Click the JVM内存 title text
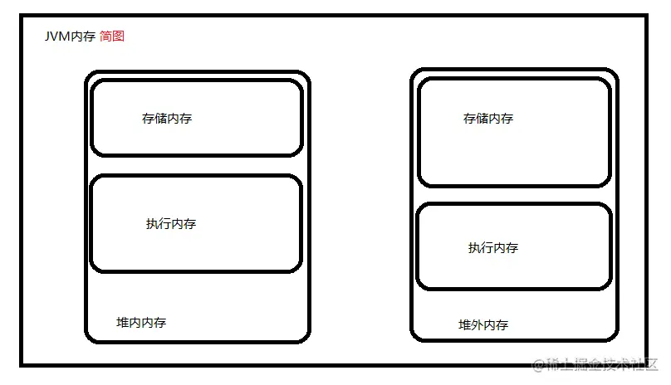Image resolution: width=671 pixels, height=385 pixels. [x=70, y=37]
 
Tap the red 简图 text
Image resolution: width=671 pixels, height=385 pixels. [x=111, y=37]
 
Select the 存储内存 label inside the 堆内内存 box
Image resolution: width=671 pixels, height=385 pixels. [x=167, y=119]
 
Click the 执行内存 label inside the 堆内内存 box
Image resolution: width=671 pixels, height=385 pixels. [x=171, y=224]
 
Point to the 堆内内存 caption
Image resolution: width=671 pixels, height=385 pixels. [x=141, y=323]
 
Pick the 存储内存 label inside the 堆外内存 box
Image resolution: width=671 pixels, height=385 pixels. [x=488, y=119]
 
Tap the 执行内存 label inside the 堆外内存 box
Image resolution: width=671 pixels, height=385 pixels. [x=493, y=248]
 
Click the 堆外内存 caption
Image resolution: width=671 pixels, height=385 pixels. [x=483, y=325]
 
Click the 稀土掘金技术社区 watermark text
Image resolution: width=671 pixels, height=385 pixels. [x=603, y=365]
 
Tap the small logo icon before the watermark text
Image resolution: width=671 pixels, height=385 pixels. [x=537, y=365]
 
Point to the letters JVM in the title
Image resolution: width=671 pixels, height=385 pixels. [x=57, y=37]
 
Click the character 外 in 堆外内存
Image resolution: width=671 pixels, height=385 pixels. [x=477, y=325]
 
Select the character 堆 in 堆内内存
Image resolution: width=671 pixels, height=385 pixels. [x=122, y=323]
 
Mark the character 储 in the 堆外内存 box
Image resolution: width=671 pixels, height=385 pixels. [x=482, y=119]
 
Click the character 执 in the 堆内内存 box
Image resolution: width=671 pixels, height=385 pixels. [x=152, y=224]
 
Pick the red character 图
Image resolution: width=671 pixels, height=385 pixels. [x=118, y=37]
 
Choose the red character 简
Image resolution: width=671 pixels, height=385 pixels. [x=105, y=37]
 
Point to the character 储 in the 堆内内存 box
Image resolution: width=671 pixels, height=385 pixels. [x=160, y=119]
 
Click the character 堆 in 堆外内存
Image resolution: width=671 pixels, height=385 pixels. [x=464, y=325]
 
